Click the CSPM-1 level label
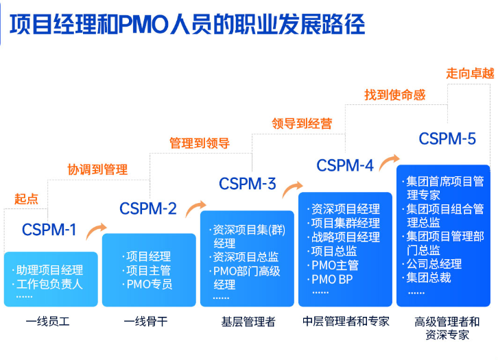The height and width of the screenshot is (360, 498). (49, 230)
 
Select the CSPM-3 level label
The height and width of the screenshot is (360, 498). (248, 184)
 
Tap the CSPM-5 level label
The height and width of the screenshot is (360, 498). (447, 139)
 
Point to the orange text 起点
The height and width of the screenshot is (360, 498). (26, 199)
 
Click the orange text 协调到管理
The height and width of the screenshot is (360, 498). (97, 169)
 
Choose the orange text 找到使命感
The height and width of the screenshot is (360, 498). (394, 95)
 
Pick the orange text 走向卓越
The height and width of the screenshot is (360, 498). (470, 73)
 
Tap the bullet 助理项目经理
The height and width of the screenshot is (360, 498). (49, 269)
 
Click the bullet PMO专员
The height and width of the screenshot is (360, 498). (149, 284)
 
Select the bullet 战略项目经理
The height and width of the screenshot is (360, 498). (345, 237)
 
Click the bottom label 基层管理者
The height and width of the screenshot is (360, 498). (248, 321)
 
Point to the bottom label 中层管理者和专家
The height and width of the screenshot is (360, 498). (346, 321)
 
